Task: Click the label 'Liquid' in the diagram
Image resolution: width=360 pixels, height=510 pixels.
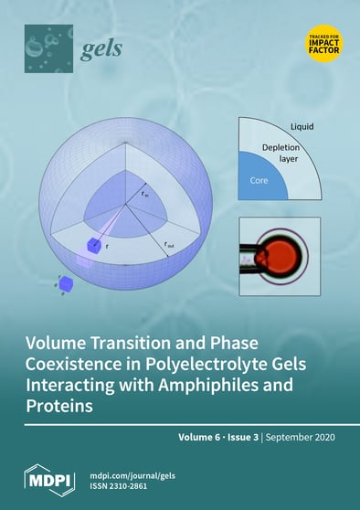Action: (303, 125)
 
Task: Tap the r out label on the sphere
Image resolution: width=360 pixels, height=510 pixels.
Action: (171, 244)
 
